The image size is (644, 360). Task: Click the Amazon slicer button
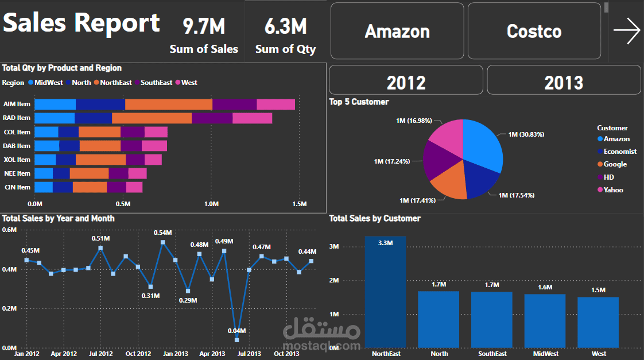click(397, 31)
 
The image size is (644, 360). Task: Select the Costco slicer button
click(534, 31)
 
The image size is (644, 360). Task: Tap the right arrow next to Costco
click(626, 31)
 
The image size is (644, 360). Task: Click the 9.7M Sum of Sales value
click(204, 26)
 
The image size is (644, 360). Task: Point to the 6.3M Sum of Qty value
click(285, 26)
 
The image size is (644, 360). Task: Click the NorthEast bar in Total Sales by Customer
click(385, 292)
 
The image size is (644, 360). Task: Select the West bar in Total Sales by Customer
click(598, 322)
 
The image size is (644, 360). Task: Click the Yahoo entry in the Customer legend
click(613, 189)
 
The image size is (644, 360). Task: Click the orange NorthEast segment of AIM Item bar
click(168, 104)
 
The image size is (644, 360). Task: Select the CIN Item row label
click(17, 187)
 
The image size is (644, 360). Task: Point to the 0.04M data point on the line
click(236, 340)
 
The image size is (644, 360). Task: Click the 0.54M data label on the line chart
click(163, 233)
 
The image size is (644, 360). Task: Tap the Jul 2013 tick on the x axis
click(249, 354)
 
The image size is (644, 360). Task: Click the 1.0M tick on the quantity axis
click(211, 204)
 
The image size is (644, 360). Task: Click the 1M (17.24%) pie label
click(392, 161)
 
